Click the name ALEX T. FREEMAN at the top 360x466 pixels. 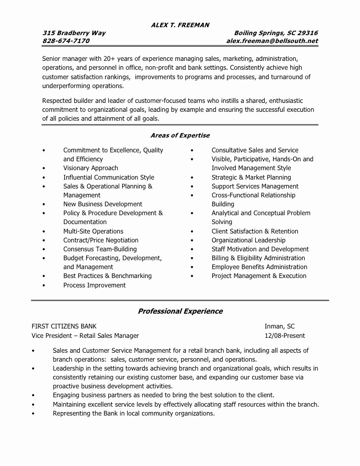point(180,25)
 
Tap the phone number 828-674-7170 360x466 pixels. point(66,41)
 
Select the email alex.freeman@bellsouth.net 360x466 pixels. point(272,41)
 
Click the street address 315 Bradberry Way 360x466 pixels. point(74,33)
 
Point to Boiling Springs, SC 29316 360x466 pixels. point(276,33)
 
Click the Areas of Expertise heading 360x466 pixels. point(180,136)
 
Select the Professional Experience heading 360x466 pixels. point(180,311)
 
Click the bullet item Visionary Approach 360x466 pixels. point(90,168)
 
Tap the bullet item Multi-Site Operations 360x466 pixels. point(93,231)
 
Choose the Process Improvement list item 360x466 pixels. point(94,285)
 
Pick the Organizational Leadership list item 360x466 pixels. point(248,240)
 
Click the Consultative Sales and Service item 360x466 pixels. point(255,150)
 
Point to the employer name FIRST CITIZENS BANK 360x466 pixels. point(64,326)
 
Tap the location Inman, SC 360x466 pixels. point(279,326)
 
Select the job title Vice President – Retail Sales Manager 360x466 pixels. point(85,335)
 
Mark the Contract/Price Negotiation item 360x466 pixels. point(100,240)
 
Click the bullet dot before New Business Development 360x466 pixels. point(44,204)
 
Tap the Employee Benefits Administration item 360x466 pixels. point(259,267)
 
